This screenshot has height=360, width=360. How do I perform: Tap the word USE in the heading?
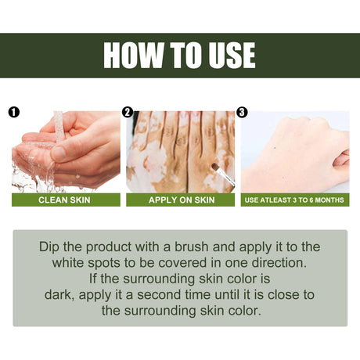click(228, 56)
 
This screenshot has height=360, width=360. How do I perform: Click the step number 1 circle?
click(13, 112)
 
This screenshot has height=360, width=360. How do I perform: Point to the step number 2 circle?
click(128, 112)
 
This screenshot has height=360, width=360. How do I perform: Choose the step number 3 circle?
click(242, 112)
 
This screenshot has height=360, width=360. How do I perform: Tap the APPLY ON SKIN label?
click(180, 200)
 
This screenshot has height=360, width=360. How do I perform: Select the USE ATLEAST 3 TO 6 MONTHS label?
click(294, 200)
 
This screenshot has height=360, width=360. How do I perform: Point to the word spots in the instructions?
click(110, 262)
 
